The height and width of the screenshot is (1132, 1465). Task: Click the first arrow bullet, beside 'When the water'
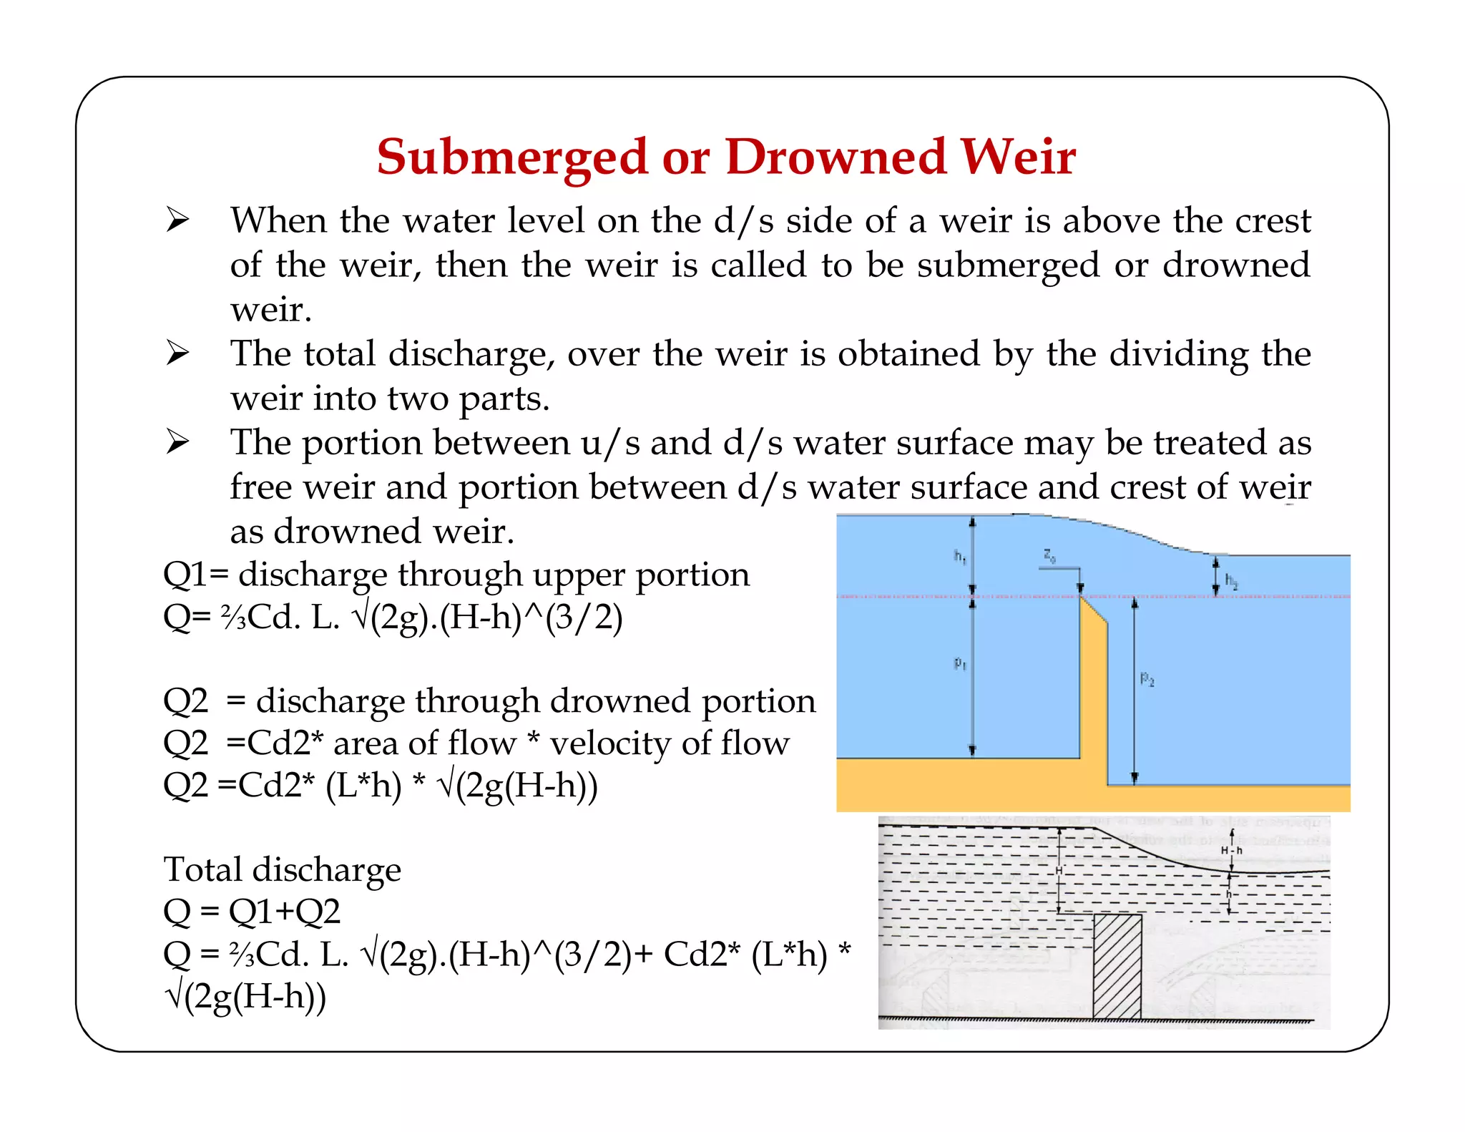point(177,219)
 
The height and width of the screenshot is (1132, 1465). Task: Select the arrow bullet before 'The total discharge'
point(177,353)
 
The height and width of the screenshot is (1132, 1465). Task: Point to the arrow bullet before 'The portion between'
point(177,441)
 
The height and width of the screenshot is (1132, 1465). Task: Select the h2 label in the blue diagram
point(1231,580)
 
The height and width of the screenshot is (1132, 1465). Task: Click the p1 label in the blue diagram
point(960,664)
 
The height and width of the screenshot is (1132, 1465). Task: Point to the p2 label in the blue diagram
point(1147,678)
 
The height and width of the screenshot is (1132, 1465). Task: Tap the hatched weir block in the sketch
point(1117,966)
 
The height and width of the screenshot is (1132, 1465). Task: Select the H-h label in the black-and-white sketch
point(1232,850)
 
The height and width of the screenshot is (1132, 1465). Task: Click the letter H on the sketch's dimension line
point(1059,870)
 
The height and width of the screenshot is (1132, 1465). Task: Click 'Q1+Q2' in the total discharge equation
point(284,912)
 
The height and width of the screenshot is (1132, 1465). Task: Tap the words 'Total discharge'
point(282,869)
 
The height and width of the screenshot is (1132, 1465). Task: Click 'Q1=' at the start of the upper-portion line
point(195,575)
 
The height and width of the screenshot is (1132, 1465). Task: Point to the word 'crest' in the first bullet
point(1273,220)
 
